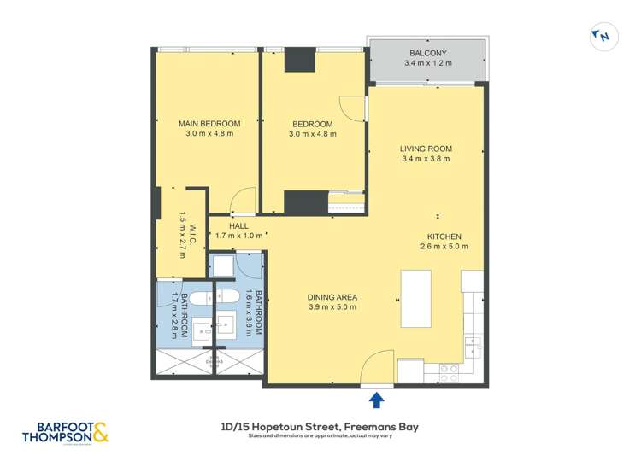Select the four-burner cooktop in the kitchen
pyautogui.click(x=447, y=371)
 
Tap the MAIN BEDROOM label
pyautogui.click(x=209, y=124)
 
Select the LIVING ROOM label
pyautogui.click(x=426, y=149)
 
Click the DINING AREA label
pyautogui.click(x=332, y=297)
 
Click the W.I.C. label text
pyautogui.click(x=193, y=234)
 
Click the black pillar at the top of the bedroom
pyautogui.click(x=301, y=60)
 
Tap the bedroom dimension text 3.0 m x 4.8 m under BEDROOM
pyautogui.click(x=312, y=134)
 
